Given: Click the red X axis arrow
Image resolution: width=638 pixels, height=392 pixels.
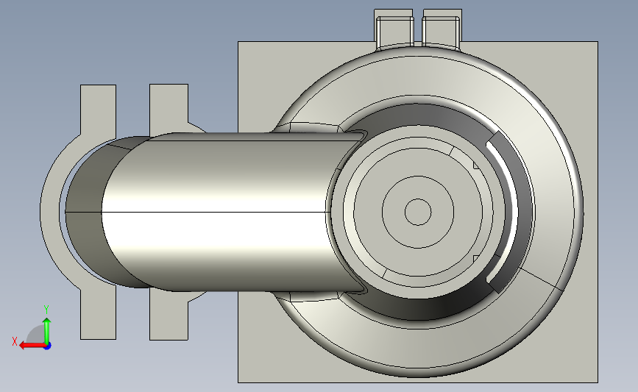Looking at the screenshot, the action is click(x=32, y=345).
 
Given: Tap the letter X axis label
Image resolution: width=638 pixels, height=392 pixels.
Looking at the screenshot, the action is click(x=15, y=341).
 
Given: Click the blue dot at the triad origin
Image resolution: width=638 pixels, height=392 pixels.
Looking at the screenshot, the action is click(x=47, y=346).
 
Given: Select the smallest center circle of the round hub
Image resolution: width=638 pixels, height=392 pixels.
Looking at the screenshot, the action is click(x=418, y=212).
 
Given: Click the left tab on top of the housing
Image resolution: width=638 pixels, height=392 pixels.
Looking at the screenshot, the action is click(x=394, y=29).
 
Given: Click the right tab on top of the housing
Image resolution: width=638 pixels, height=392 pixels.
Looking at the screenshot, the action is click(x=442, y=29).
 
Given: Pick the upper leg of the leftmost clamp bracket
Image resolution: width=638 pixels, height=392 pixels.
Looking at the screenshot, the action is click(x=98, y=110).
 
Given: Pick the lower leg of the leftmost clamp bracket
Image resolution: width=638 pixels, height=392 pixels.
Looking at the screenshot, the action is click(x=98, y=313).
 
